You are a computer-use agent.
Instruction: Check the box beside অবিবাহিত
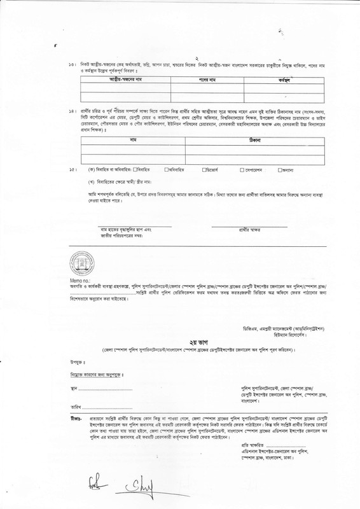167,170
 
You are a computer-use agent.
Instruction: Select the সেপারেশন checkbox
242,170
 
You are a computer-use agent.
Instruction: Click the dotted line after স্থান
101,387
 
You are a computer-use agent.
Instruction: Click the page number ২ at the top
180,57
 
